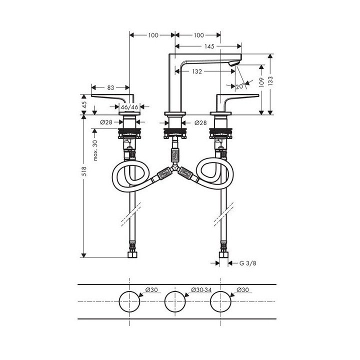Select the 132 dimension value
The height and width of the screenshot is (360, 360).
[197, 71]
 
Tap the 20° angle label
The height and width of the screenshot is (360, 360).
[239, 86]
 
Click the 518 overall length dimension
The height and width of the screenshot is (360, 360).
[84, 171]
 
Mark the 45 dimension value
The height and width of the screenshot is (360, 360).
[84, 105]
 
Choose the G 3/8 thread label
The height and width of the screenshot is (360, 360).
[248, 262]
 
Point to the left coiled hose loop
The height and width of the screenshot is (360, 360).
[131, 177]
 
